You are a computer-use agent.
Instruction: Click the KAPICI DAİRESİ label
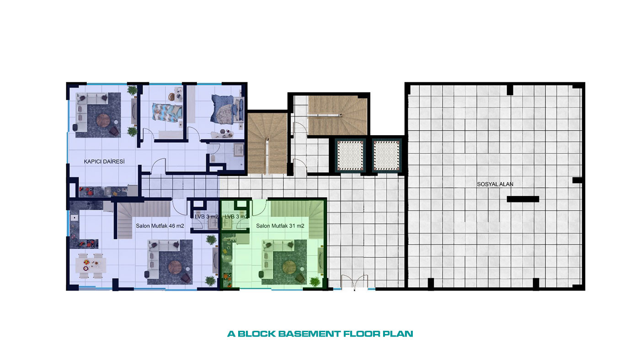[104, 162]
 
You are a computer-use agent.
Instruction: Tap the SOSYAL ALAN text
[495, 185]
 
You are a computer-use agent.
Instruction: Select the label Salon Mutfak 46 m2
[160, 226]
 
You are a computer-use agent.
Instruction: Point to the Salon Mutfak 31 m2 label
[280, 226]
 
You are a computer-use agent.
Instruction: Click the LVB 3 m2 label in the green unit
[236, 217]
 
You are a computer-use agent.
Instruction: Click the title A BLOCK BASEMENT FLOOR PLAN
[320, 334]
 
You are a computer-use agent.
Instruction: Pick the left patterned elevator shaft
[350, 156]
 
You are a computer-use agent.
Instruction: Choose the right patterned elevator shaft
[386, 156]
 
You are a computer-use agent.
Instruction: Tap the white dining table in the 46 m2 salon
[91, 265]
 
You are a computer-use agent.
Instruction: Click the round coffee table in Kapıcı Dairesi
[103, 120]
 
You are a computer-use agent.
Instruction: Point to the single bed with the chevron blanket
[167, 112]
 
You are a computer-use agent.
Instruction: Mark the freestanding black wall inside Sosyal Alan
[523, 199]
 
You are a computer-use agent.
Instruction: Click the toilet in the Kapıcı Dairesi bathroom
[213, 158]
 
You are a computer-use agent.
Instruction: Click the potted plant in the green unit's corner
[315, 282]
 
